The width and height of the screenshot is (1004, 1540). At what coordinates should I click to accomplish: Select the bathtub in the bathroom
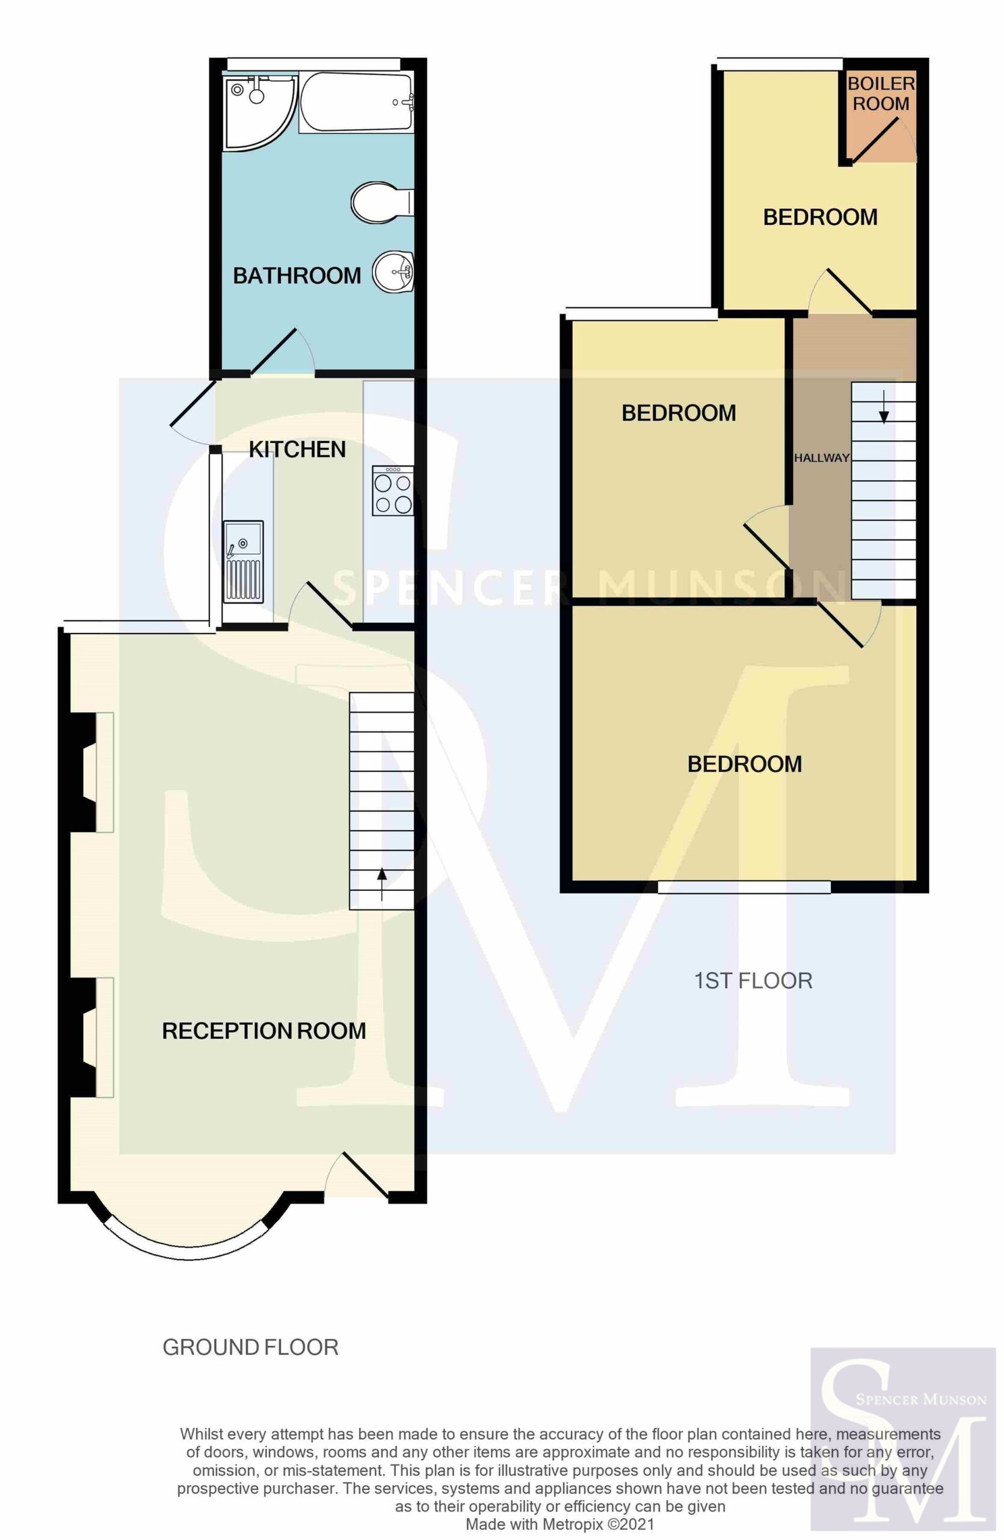[355, 102]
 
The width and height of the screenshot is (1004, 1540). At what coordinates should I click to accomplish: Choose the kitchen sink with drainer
[243, 561]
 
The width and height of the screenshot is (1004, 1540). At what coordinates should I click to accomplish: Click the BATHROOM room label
[297, 276]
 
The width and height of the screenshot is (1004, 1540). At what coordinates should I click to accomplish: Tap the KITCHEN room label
[298, 449]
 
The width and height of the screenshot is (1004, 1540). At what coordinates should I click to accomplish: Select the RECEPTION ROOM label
[264, 1030]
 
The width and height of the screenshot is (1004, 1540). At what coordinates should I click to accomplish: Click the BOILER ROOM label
[881, 93]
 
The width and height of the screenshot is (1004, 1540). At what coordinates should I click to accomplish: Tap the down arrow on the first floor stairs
[884, 405]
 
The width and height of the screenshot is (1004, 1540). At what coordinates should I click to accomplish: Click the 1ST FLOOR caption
[753, 981]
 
